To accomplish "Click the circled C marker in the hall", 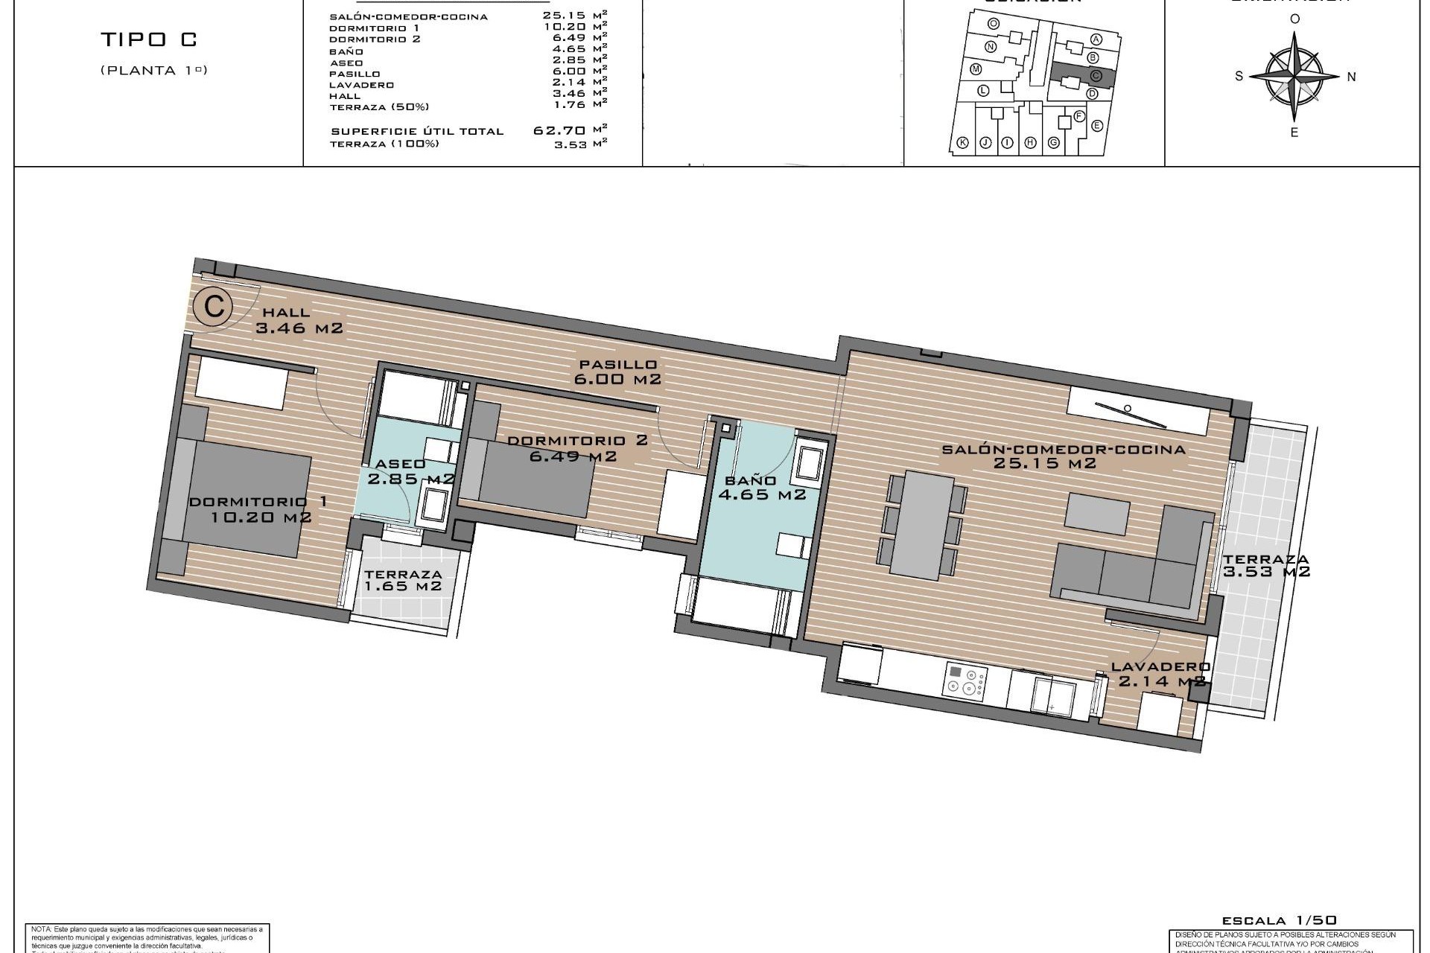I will (214, 307).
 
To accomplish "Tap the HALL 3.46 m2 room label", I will (298, 320).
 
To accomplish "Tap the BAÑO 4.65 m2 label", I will (760, 487).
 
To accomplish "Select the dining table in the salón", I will (921, 525).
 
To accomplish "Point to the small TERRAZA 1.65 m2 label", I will (403, 580).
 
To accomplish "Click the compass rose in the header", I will (1294, 76).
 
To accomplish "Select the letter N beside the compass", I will (1351, 76).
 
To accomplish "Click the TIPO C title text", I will (149, 39).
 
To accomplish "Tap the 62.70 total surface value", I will (560, 130).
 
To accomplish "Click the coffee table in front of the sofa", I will (1096, 514).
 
